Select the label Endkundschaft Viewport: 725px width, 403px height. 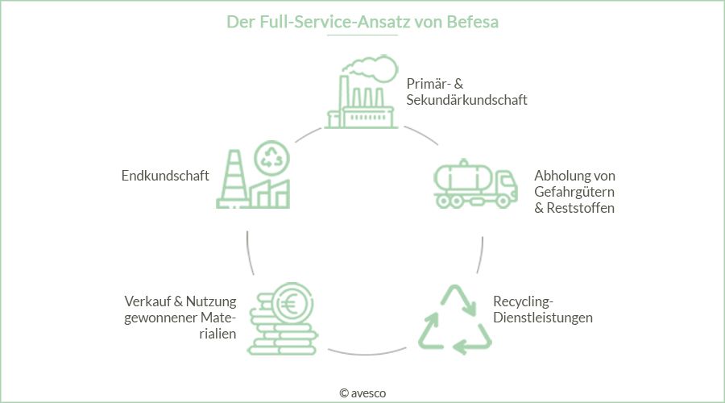click(x=165, y=176)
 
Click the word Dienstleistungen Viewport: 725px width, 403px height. click(x=542, y=318)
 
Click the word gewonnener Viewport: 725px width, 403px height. click(x=159, y=318)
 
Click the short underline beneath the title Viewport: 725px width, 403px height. click(x=362, y=35)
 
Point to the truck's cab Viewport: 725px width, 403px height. click(x=502, y=185)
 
